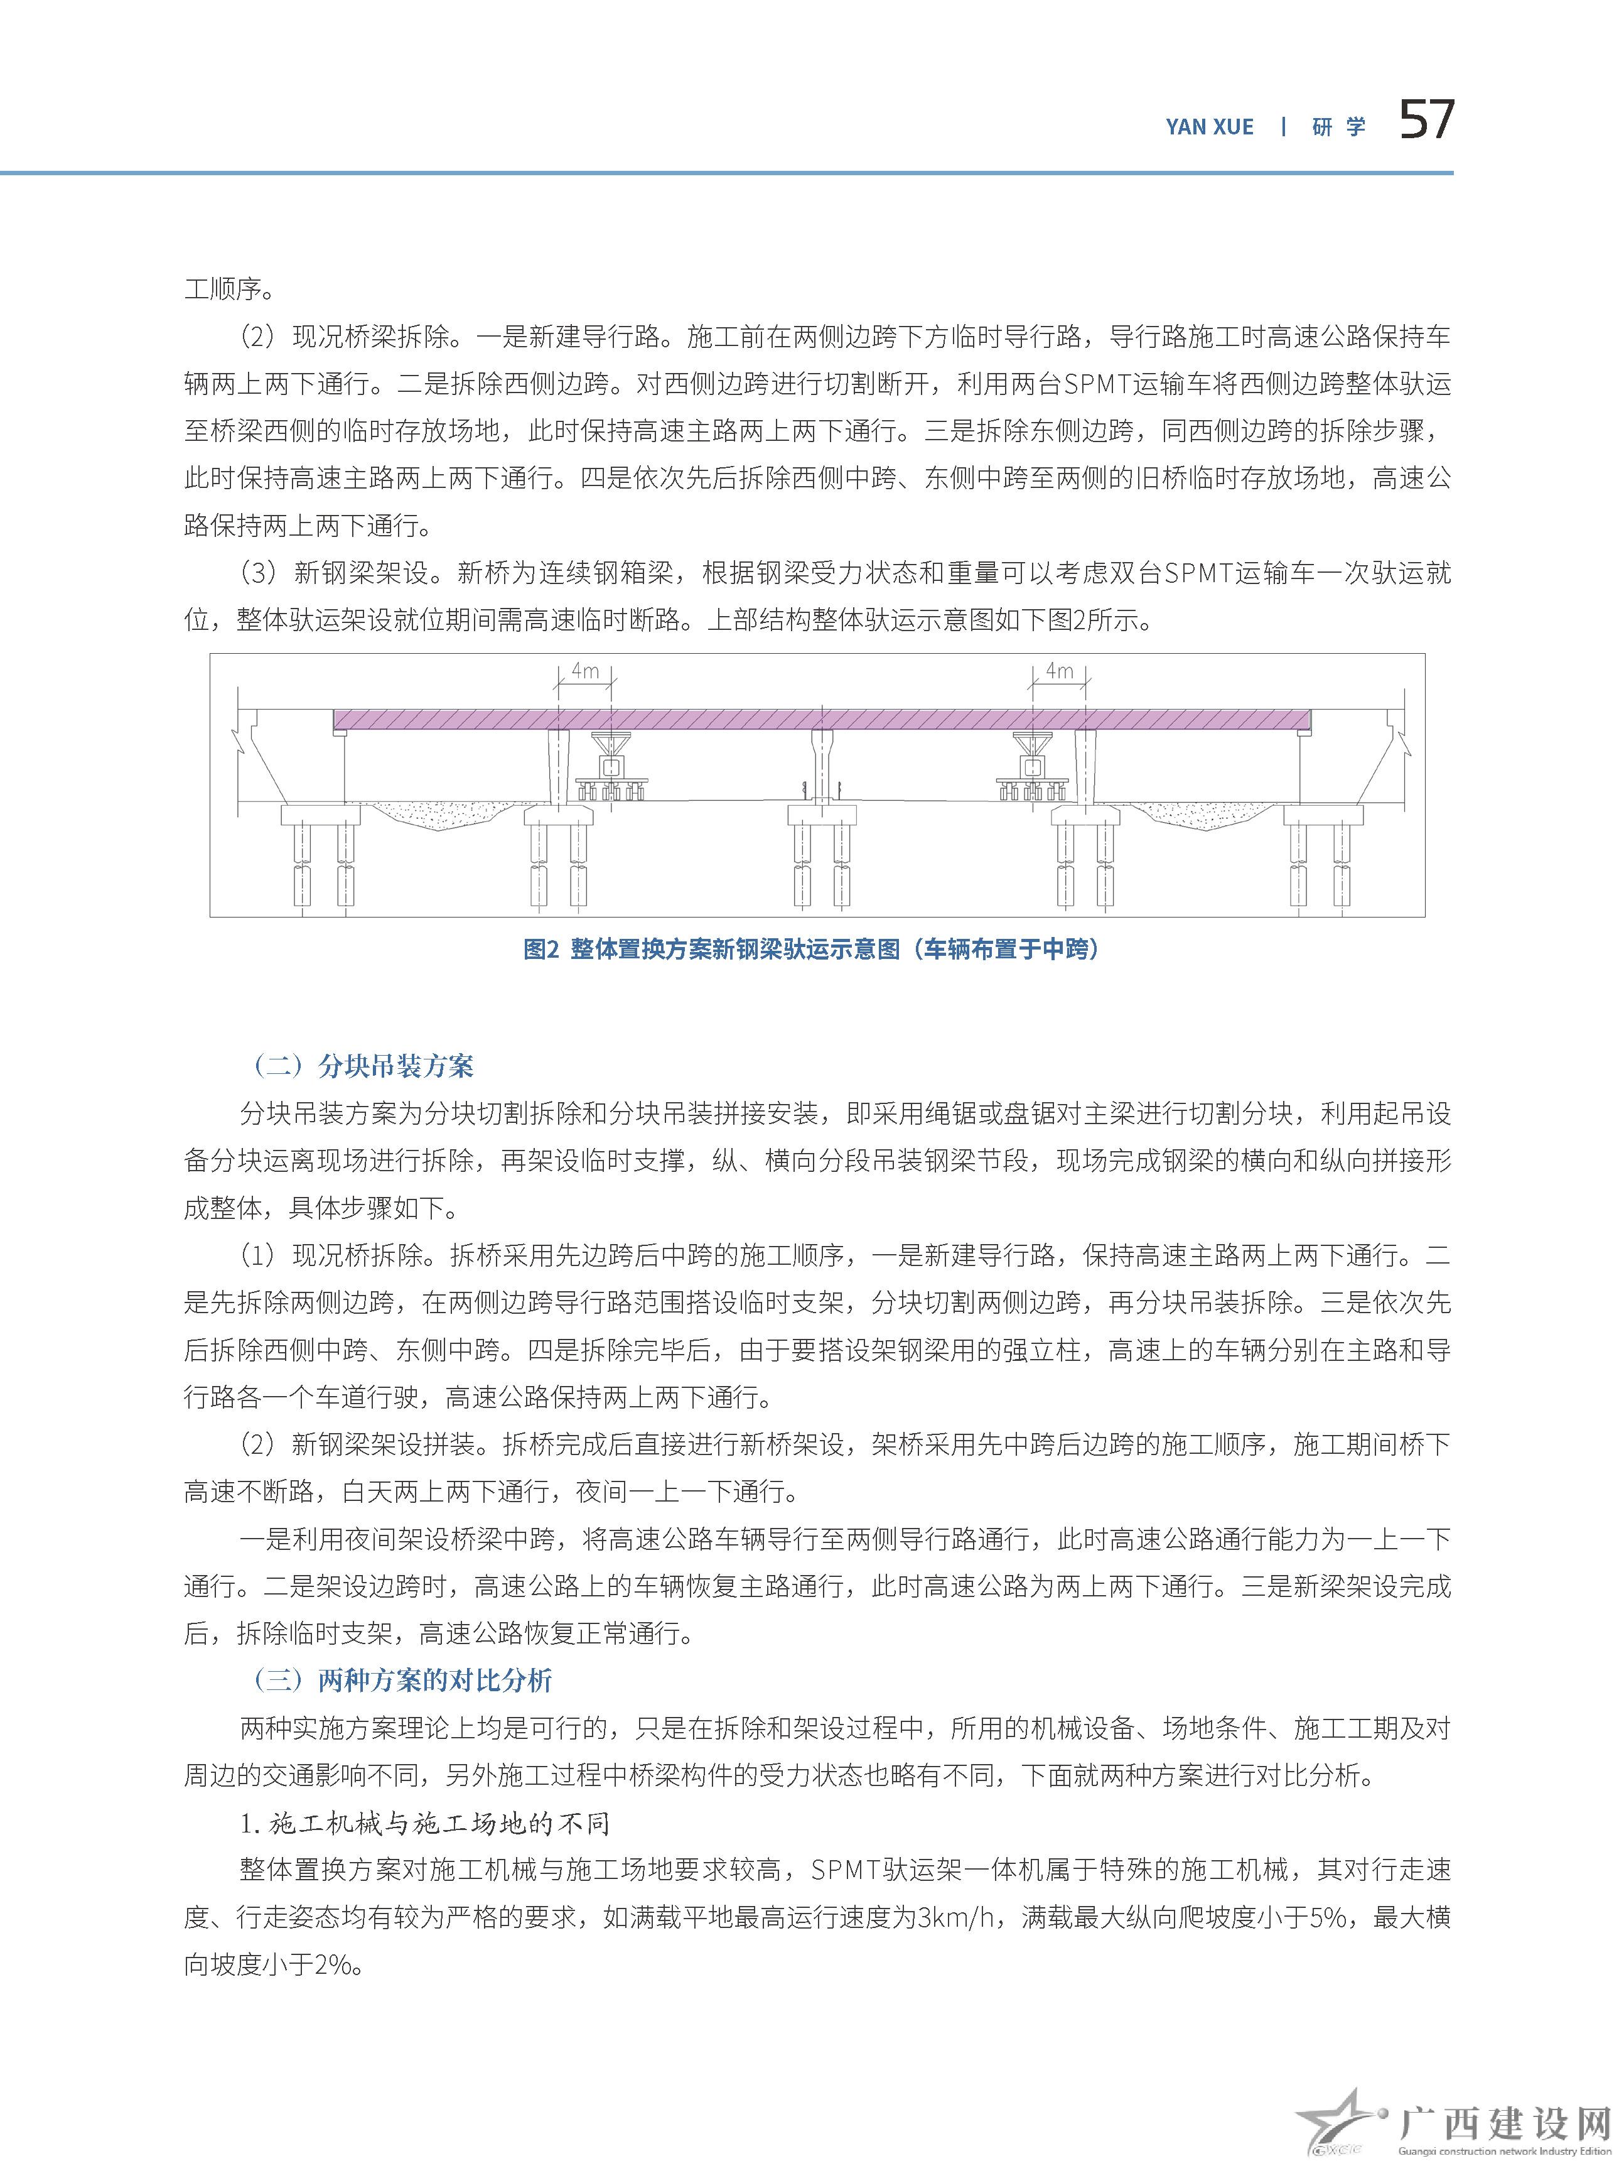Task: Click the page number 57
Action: (1426, 121)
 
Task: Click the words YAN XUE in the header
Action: (1209, 127)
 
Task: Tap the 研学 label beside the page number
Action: (1338, 127)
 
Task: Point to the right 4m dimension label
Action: (1059, 671)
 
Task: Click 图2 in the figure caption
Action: (540, 949)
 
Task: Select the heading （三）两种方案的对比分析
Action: (401, 1681)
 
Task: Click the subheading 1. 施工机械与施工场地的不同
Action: (425, 1823)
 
